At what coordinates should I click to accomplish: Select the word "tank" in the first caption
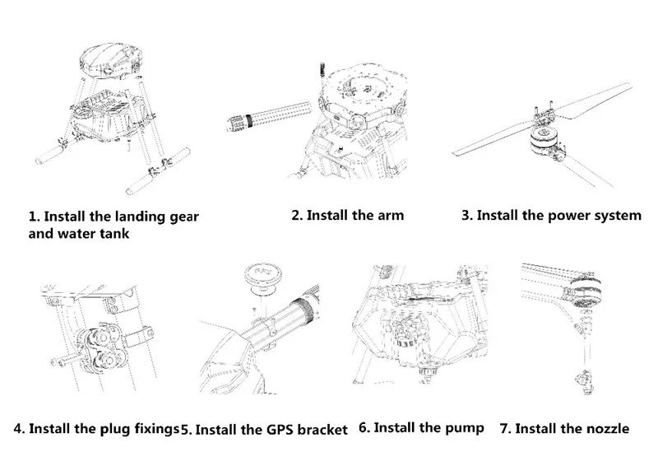pos(114,233)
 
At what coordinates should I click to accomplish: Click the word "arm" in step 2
pos(390,216)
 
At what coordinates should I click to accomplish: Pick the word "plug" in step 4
pos(115,430)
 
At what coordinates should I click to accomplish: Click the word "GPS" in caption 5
pos(280,431)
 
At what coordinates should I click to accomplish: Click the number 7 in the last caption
pos(505,429)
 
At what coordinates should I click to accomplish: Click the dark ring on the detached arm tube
pos(249,120)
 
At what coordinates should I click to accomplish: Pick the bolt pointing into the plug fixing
pos(64,361)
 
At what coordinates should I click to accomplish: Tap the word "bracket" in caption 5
pos(322,430)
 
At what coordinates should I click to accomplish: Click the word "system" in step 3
pos(618,217)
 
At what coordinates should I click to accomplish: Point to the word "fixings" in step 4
pos(156,430)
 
